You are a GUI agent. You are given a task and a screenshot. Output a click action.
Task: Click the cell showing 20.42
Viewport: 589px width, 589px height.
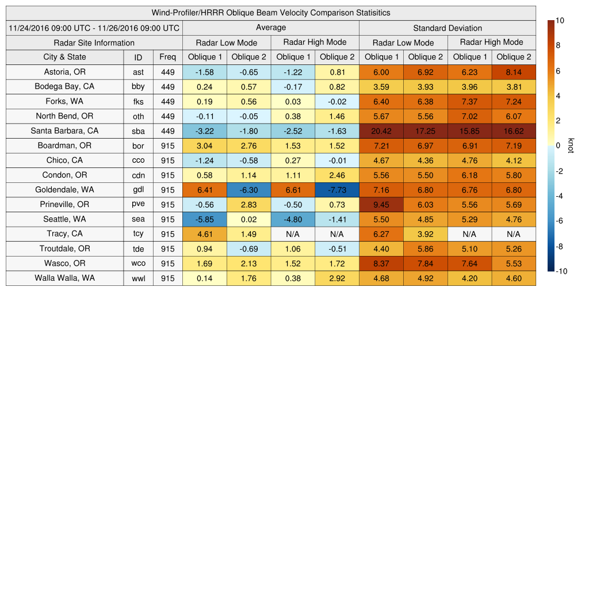coord(381,131)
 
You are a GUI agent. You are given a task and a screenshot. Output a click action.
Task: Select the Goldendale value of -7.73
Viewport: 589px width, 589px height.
coord(336,190)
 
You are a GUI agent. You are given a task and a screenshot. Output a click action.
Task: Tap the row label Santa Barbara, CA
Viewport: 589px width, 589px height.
coord(64,131)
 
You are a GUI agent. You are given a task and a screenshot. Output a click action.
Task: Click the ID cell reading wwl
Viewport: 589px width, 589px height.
coord(138,278)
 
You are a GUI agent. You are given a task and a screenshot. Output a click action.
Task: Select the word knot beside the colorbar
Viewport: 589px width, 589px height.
coord(571,145)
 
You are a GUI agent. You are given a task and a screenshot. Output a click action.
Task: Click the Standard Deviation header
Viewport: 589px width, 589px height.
coord(447,28)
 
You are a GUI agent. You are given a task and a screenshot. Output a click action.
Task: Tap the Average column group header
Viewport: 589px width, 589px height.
coord(270,28)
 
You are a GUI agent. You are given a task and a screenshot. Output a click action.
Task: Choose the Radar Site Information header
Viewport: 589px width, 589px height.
coord(94,43)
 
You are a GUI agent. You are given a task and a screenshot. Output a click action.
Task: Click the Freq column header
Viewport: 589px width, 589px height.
coord(167,57)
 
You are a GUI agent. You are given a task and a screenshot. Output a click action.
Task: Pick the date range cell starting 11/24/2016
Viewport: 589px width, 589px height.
coord(94,28)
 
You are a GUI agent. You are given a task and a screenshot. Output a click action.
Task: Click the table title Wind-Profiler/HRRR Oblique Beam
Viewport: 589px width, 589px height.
coord(270,13)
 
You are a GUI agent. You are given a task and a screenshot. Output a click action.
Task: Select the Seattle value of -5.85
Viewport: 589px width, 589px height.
coord(204,219)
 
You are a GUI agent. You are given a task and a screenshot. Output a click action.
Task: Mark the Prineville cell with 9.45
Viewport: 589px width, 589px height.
coord(381,204)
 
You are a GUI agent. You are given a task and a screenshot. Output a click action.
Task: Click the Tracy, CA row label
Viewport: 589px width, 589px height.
coord(64,234)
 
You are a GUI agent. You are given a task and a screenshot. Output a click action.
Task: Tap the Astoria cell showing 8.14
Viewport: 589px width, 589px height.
coord(513,72)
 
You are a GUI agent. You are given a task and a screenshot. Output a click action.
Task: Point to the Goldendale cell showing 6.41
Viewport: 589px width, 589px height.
coord(204,190)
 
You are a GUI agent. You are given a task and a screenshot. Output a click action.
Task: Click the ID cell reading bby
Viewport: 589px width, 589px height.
coord(138,87)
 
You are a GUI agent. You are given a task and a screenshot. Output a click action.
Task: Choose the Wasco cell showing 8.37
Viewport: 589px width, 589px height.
coord(381,263)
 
